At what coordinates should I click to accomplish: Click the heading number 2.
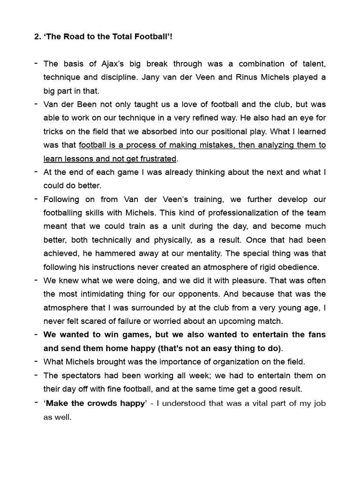click(x=37, y=37)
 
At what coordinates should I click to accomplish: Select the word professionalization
click(x=183, y=213)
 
